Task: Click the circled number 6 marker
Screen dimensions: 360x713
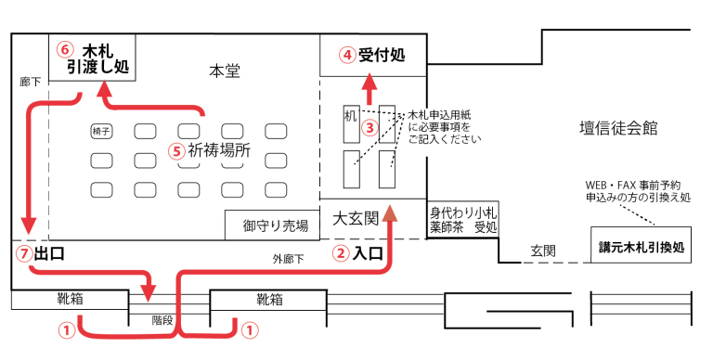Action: (x=64, y=49)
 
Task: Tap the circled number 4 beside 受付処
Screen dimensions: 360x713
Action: (x=346, y=55)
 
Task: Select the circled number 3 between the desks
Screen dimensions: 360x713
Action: (x=369, y=127)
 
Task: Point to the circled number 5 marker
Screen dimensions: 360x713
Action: (x=175, y=149)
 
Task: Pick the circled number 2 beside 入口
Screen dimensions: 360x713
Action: (x=341, y=252)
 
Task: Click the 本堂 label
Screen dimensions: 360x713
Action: (x=224, y=71)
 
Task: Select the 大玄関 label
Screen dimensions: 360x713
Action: (x=356, y=219)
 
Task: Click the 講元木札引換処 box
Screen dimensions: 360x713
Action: (x=641, y=247)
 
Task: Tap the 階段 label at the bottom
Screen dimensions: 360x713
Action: (x=162, y=319)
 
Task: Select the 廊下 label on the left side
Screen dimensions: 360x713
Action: (x=30, y=82)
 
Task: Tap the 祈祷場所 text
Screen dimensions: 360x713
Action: (x=217, y=149)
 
